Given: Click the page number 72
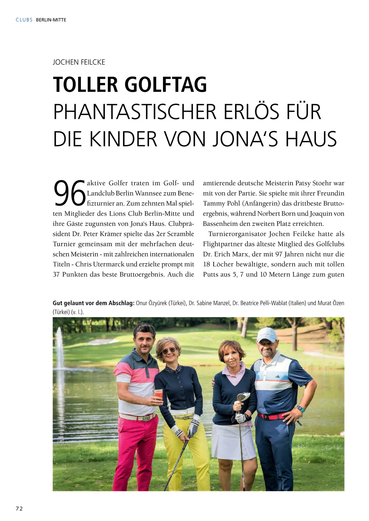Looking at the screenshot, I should coord(19,508).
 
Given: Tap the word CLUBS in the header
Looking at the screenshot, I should coord(24,20).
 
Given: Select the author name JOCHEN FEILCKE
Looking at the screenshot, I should coord(79,62).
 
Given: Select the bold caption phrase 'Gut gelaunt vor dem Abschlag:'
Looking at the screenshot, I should coord(93,303).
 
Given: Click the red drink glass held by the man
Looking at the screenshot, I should coord(158,394).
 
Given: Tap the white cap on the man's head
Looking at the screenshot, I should coord(267,334).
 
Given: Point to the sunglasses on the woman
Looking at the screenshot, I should coord(169,351).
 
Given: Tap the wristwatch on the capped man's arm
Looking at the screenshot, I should coord(301,409).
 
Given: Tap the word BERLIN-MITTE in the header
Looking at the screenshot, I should coord(51,20).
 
